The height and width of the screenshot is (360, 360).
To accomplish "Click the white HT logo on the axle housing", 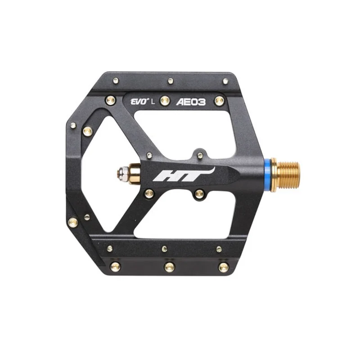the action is [x=184, y=175].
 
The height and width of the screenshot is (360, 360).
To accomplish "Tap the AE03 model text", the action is [x=190, y=102].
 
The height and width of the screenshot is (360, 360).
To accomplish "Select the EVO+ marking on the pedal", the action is [x=139, y=102].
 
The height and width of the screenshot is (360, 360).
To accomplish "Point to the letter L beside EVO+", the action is [x=153, y=102].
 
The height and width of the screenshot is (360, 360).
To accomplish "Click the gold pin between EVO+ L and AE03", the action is [x=164, y=100].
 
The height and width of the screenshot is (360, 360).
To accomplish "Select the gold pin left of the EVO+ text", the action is [x=110, y=100].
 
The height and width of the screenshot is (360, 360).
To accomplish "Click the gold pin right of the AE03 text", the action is [x=219, y=100].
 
